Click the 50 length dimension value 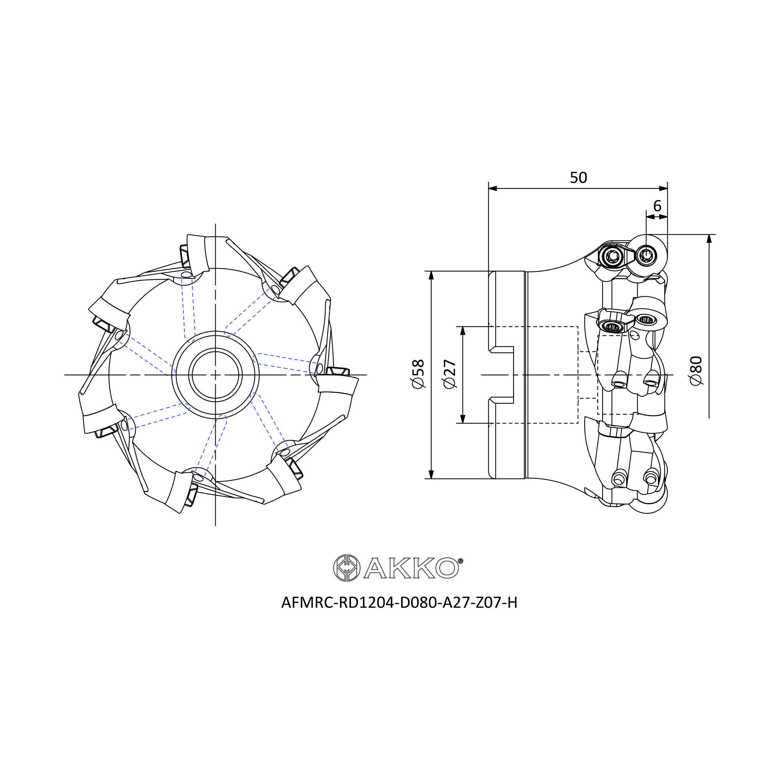(x=578, y=177)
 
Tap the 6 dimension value (x=657, y=206)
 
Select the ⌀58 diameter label (x=418, y=374)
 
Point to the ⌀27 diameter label (x=450, y=374)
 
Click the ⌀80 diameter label (x=696, y=370)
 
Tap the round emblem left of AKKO (x=346, y=567)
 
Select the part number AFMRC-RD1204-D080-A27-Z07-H (x=399, y=603)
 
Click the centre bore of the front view (x=215, y=375)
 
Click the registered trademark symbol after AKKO (x=461, y=561)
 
